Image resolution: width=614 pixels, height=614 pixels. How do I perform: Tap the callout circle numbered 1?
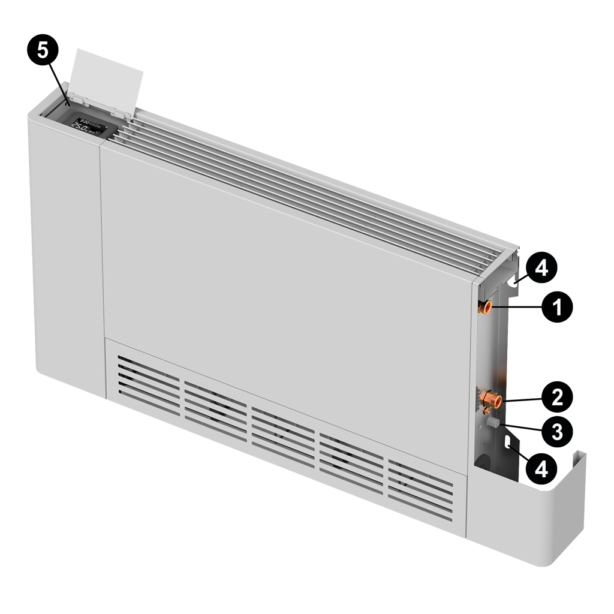point(556,308)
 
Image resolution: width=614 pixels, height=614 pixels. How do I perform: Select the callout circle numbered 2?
point(556,396)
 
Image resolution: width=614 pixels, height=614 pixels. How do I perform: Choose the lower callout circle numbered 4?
point(541,468)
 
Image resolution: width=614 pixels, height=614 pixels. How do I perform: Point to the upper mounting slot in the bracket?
point(513,279)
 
